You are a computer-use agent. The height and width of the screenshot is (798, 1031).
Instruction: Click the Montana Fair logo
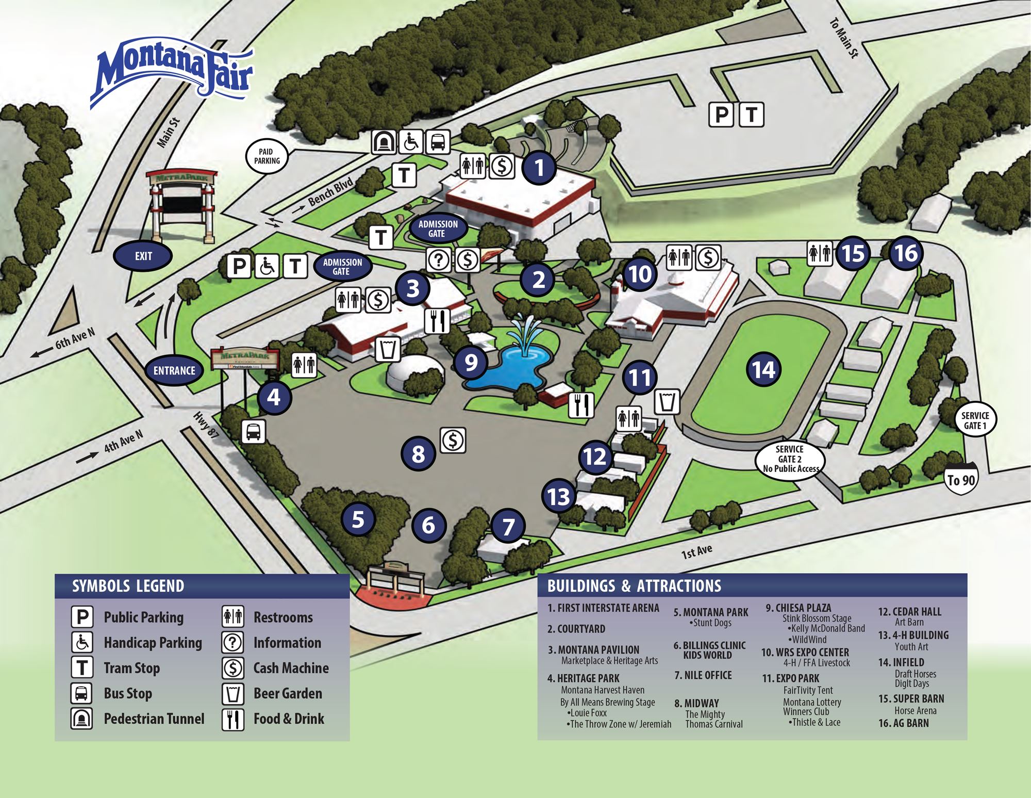pos(173,72)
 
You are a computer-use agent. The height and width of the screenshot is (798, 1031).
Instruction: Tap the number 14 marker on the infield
pos(763,369)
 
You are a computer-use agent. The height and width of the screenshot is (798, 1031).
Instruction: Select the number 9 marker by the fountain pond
pos(471,362)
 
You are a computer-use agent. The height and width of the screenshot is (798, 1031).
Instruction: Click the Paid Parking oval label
pos(267,156)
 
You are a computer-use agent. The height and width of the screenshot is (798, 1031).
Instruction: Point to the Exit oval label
pos(143,256)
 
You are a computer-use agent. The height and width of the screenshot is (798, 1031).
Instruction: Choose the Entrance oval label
pos(174,370)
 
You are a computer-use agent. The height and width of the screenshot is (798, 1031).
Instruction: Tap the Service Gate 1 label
pos(975,420)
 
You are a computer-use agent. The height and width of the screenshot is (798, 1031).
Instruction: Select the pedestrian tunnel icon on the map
pos(384,142)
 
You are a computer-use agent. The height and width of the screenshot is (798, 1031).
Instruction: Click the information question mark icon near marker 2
pos(439,259)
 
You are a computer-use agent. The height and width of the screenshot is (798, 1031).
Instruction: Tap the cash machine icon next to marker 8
pos(453,440)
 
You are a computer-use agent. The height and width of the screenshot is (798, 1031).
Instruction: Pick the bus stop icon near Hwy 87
pos(254,431)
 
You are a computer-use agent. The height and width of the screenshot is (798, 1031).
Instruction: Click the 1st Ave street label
pos(696,552)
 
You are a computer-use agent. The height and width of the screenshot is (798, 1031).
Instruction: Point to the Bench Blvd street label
pos(330,192)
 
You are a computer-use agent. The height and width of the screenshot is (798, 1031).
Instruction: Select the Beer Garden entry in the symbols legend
pos(288,693)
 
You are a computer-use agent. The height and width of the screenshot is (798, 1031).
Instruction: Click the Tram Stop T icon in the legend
pos(82,667)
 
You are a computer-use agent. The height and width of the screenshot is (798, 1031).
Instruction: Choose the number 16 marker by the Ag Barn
pos(906,253)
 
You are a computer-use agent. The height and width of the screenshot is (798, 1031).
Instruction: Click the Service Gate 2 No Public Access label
pos(789,459)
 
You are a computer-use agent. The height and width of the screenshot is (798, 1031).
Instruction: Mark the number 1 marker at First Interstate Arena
pos(539,167)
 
